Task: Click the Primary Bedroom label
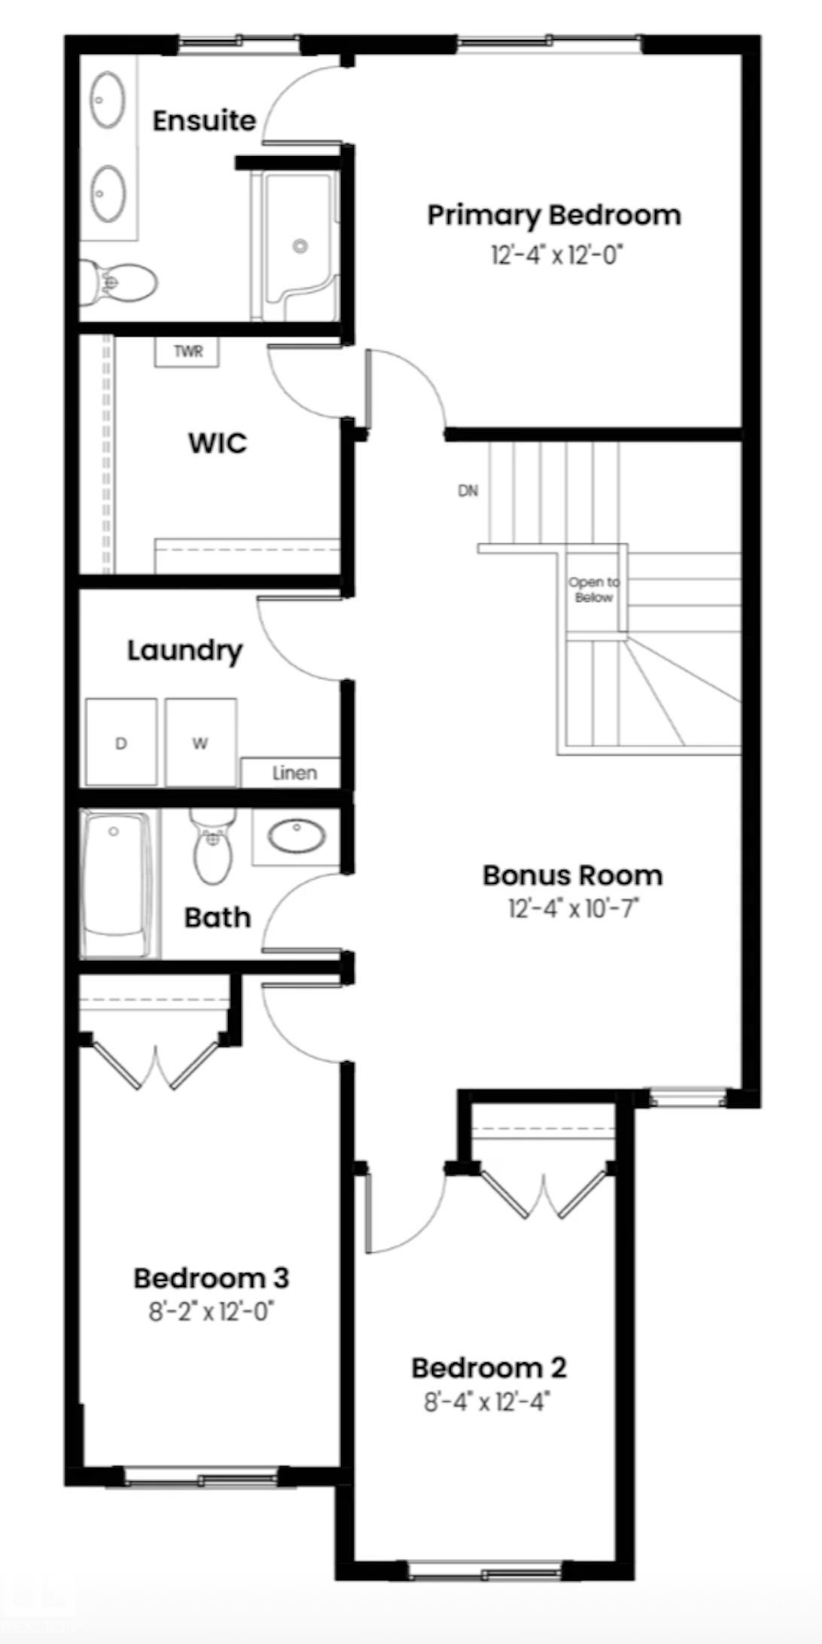(554, 215)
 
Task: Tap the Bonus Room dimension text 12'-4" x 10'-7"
(574, 909)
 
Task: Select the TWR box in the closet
(187, 352)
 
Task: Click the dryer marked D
(121, 743)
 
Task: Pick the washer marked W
(201, 743)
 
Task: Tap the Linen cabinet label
(294, 773)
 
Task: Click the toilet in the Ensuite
(118, 283)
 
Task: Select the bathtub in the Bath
(118, 883)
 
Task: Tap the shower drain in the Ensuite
(300, 246)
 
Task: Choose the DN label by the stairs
(468, 491)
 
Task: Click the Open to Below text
(594, 590)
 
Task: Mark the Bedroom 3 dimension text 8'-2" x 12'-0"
(212, 1313)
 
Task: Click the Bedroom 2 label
(489, 1368)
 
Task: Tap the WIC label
(218, 443)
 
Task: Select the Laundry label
(184, 651)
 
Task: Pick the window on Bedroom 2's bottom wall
(486, 1571)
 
